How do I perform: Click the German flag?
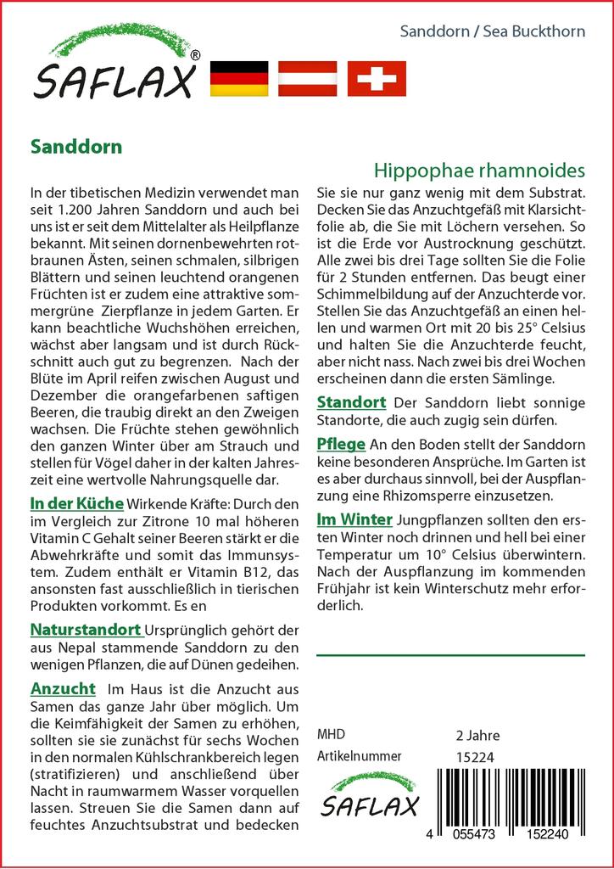pos(239,78)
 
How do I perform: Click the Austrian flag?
pos(308,78)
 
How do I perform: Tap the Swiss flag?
pos(377,78)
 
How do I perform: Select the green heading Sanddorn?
pos(76,146)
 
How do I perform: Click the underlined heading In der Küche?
pos(76,503)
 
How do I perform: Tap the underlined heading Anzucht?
pos(63,688)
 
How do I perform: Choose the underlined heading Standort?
pos(351,401)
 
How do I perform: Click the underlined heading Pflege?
pos(341,444)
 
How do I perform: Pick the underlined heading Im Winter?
pos(354,519)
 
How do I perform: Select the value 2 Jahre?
pos(477,736)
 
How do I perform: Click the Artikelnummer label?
pos(359,756)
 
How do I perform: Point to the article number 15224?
pos(474,757)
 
